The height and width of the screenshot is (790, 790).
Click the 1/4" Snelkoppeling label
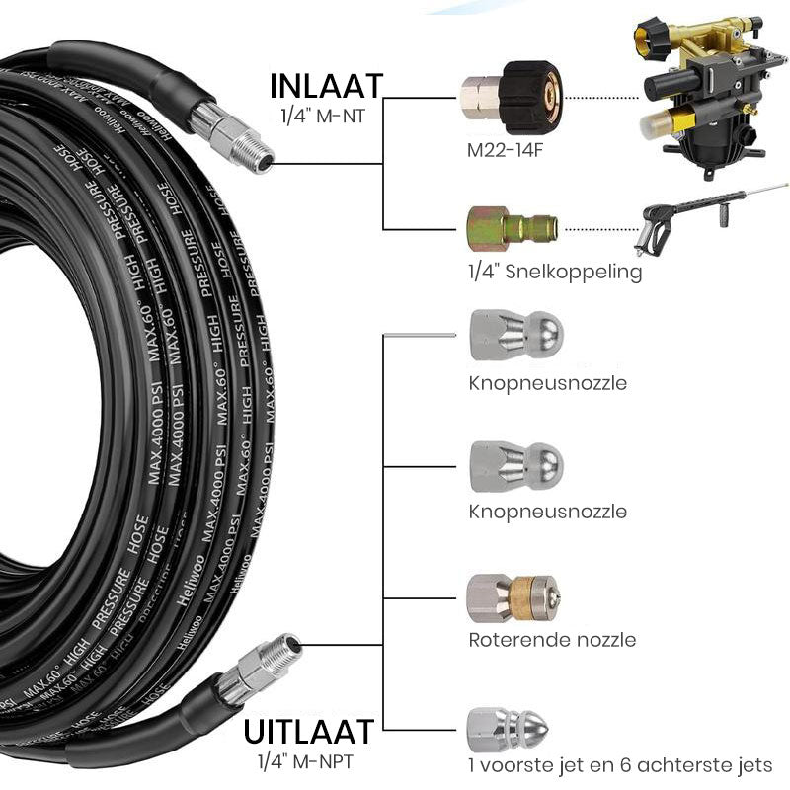tap(555, 272)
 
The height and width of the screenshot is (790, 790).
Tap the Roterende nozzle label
tap(552, 640)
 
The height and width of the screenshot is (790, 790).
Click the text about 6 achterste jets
tap(620, 765)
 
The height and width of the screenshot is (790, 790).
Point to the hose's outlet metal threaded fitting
tap(260, 666)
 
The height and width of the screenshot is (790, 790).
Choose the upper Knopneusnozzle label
tap(547, 383)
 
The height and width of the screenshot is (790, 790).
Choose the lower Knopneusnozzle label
tap(547, 512)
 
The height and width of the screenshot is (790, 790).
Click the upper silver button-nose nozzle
tap(513, 337)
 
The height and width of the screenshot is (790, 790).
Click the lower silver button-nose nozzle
tap(513, 465)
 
